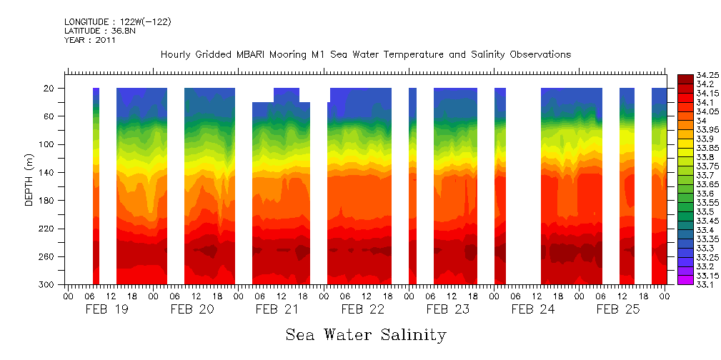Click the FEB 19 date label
point(106,309)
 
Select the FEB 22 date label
point(362,309)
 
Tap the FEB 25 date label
point(618,309)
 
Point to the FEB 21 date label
point(277,309)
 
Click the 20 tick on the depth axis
point(50,89)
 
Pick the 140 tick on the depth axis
point(48,173)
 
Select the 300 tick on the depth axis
point(48,285)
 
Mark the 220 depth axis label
point(48,229)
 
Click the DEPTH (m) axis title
point(29,181)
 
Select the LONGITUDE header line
point(117,22)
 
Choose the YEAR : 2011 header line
point(90,41)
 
